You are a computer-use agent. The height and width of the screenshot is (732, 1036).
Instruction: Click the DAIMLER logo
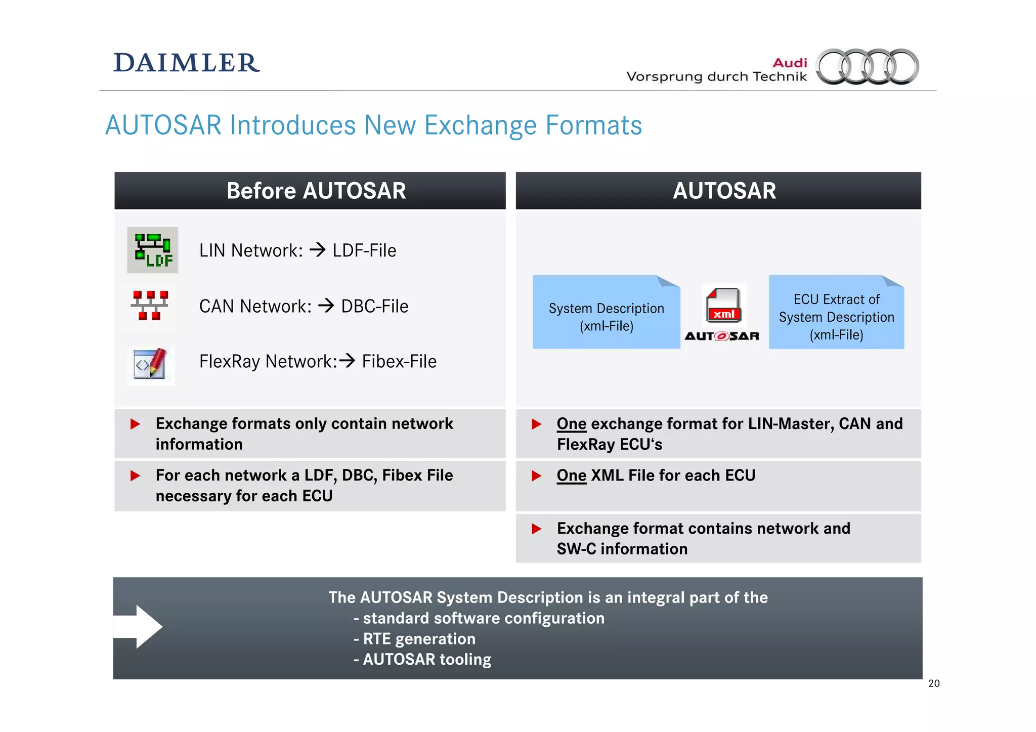click(187, 63)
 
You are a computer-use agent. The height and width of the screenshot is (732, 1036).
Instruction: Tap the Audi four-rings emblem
click(868, 66)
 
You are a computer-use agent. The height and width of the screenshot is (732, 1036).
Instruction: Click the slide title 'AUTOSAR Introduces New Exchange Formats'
click(373, 125)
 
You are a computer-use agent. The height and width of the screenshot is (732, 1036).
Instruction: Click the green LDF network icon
click(152, 250)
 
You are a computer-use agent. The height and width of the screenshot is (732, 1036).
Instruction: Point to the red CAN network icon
click(150, 306)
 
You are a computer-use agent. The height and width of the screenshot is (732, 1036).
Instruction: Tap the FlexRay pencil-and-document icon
click(150, 364)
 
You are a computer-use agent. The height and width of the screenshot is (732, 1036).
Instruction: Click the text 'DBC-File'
click(374, 307)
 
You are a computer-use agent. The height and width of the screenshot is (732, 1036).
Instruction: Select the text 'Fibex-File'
click(399, 362)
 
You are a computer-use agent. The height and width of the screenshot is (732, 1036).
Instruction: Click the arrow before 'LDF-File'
click(318, 250)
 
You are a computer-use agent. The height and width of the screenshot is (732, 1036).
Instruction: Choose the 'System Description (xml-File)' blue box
click(606, 313)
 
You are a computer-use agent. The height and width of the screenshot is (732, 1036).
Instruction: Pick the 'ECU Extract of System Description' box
click(836, 313)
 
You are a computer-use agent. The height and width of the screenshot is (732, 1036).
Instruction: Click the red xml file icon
click(723, 306)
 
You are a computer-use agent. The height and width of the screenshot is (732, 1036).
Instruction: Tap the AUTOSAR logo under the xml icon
click(722, 336)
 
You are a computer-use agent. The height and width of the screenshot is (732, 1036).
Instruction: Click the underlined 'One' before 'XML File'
click(571, 476)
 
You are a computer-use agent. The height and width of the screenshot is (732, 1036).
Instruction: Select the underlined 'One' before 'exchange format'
click(571, 424)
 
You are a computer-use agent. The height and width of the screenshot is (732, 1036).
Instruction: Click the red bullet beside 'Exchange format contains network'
click(537, 529)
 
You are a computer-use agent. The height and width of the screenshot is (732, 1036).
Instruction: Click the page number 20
click(934, 683)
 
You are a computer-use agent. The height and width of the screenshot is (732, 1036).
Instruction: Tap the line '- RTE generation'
click(414, 639)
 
